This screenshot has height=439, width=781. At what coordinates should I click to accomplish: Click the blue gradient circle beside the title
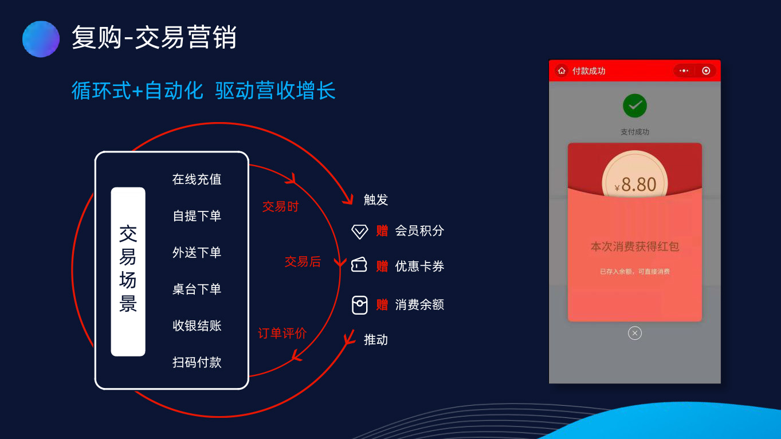tap(41, 39)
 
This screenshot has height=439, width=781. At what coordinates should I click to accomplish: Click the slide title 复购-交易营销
tap(154, 37)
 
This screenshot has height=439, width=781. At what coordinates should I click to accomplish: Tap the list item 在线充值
tap(197, 179)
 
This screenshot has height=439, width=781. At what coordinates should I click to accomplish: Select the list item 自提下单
tap(197, 216)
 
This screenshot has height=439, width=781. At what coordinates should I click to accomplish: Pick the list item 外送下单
tap(197, 252)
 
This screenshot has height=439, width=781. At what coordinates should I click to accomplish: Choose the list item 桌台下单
tap(197, 289)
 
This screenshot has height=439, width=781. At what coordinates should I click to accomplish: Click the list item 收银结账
tap(197, 326)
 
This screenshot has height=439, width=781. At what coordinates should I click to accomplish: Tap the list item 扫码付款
tap(197, 362)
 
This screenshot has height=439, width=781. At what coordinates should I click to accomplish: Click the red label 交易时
tap(281, 206)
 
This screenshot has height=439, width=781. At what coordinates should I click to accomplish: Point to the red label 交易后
tap(303, 261)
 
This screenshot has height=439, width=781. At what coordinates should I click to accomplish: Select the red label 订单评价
tap(282, 334)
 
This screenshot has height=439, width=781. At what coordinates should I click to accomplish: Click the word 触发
tap(376, 200)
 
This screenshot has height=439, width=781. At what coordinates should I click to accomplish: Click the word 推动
tap(376, 340)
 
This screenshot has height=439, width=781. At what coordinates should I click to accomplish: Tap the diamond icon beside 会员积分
tap(359, 232)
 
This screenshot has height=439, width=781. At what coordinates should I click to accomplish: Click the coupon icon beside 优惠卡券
tap(359, 265)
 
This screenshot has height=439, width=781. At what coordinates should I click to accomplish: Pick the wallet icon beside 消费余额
tap(359, 305)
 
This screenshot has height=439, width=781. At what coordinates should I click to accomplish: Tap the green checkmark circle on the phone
tap(634, 105)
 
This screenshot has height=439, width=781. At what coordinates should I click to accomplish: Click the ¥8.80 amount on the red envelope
tap(635, 185)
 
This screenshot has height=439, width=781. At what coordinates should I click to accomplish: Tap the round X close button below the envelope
tap(634, 333)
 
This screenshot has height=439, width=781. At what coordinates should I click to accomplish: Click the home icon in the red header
tap(562, 71)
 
